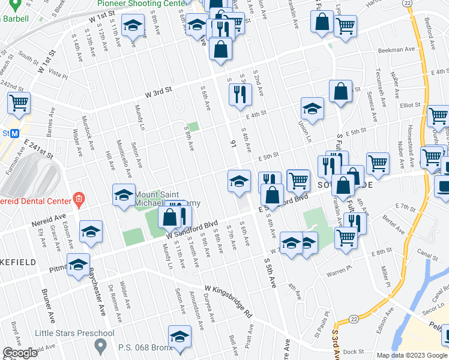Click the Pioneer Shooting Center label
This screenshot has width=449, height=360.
click(x=142, y=4)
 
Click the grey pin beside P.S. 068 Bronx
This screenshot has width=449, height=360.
click(x=100, y=346)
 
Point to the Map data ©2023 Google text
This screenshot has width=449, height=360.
click(x=412, y=355)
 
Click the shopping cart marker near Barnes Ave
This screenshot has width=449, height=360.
click(x=19, y=103)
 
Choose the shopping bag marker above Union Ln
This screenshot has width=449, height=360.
click(x=340, y=92)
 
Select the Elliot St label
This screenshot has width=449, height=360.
click(x=411, y=104)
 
